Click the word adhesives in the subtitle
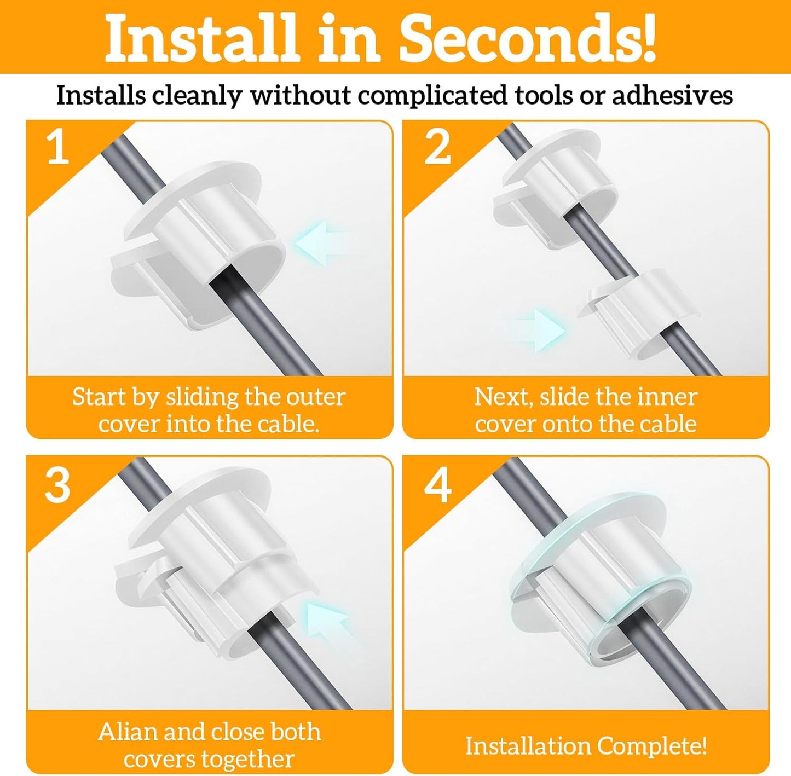coord(672,95)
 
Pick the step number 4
coord(438,487)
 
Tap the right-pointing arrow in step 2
coord(538,331)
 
